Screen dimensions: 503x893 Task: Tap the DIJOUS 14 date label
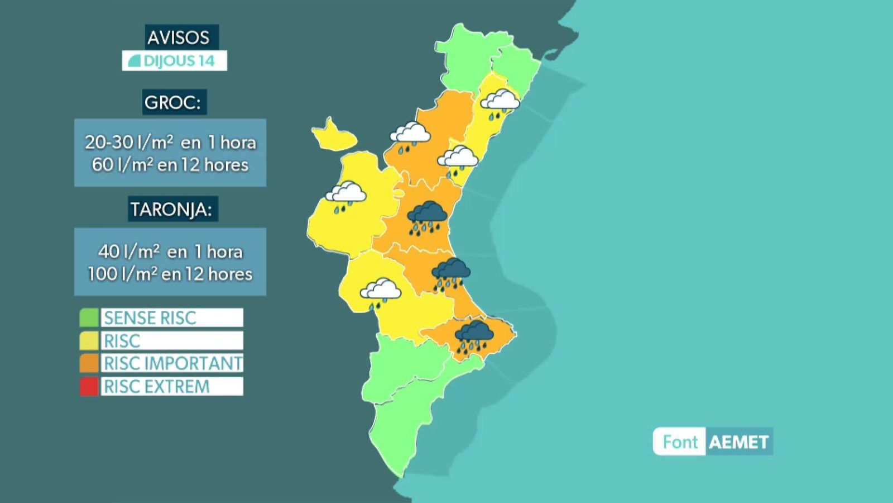click(175, 61)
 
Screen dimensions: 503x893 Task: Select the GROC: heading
click(174, 102)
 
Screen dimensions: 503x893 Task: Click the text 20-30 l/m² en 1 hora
click(170, 142)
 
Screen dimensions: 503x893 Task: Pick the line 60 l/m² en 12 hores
click(170, 165)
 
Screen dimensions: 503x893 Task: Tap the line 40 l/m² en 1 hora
click(170, 251)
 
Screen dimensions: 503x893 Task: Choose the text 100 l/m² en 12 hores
click(170, 274)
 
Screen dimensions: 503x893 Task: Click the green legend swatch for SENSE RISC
click(89, 317)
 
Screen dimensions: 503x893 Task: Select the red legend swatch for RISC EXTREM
click(89, 386)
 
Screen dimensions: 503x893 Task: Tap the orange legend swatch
click(89, 363)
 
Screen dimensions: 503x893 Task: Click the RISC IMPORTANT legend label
click(172, 363)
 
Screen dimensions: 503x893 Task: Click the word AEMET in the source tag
click(739, 442)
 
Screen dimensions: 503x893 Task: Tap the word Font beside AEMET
click(680, 442)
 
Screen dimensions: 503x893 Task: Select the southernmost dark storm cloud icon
click(474, 336)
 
